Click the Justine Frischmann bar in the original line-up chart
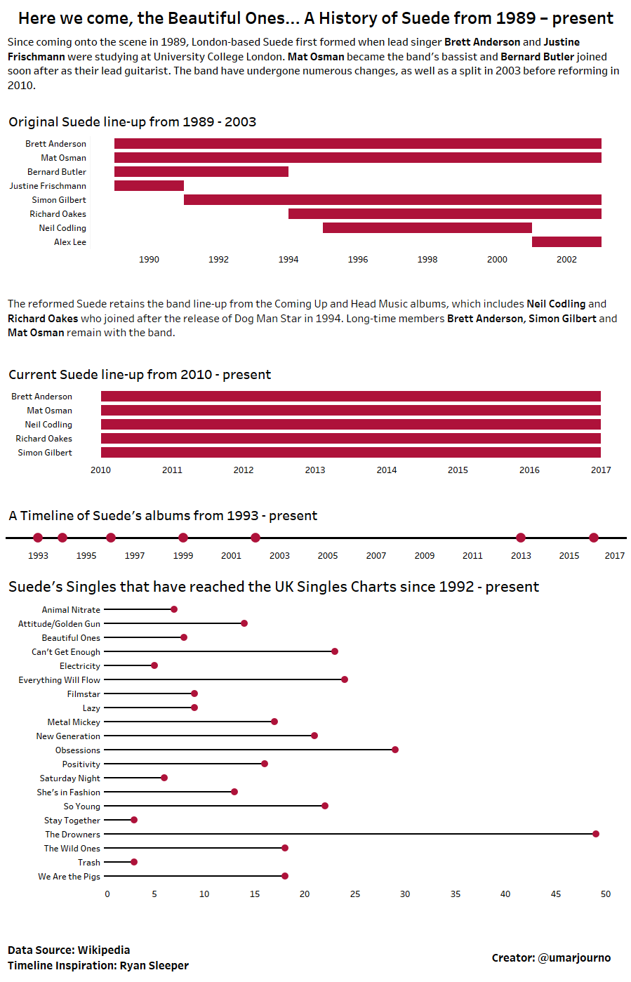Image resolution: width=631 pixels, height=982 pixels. pos(149,186)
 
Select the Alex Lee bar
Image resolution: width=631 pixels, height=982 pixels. pos(566,242)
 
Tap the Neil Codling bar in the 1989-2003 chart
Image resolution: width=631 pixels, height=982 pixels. pos(427,228)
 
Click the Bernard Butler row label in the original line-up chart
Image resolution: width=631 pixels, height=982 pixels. pos(57,172)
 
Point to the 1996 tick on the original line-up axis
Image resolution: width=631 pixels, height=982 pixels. pos(358,260)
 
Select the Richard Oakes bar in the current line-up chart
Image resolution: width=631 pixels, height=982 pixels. pos(351,439)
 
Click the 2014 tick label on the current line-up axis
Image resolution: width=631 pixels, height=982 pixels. pos(387,470)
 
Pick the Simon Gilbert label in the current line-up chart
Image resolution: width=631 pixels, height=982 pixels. pos(45,453)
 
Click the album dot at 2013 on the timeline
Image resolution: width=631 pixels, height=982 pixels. pos(521,538)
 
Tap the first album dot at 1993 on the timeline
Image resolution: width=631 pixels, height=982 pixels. pos(38,538)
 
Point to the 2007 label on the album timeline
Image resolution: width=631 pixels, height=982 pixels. pos(376,556)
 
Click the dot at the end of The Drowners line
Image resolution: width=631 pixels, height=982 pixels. pos(596,834)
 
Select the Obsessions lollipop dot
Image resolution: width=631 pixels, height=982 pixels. pos(395,750)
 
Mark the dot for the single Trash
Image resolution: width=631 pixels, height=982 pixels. pos(134,862)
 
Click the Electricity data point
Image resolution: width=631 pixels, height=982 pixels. pos(154,665)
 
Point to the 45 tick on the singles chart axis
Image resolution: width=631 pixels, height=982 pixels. pos(556,894)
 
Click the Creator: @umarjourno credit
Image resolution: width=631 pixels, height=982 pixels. pos(551,958)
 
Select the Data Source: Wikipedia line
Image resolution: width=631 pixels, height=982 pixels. pos(69,950)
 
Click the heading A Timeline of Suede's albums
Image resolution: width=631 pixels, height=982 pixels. pos(163,516)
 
